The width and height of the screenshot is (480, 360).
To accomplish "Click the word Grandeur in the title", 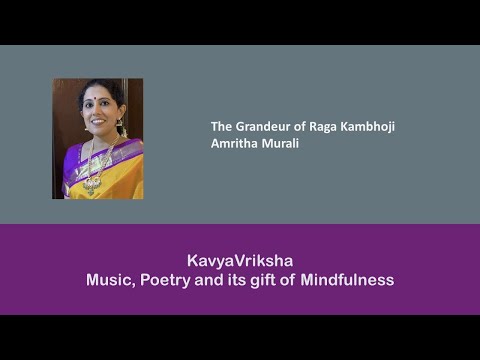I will (x=259, y=127).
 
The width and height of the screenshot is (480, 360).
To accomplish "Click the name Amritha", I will (x=232, y=143).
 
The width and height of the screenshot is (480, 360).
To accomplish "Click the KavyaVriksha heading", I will (x=240, y=258).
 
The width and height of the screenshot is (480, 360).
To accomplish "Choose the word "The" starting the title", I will (x=220, y=127).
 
